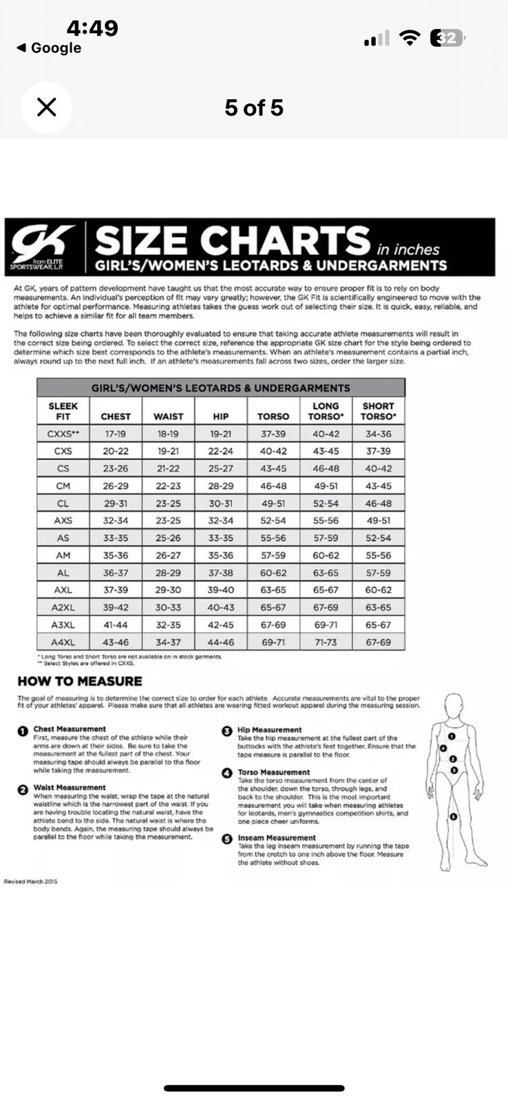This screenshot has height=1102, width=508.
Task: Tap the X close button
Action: [46, 107]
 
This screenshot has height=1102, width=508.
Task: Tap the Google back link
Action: [49, 48]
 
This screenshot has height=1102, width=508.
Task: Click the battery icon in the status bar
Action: [447, 38]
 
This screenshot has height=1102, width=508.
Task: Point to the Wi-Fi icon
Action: [410, 38]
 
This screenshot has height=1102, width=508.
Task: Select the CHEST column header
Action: [116, 416]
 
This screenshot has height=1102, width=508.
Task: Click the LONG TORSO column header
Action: [326, 410]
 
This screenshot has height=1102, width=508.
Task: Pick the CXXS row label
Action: [63, 434]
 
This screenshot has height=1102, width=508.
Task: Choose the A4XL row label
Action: [63, 642]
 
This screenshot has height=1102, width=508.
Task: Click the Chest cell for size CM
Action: [116, 486]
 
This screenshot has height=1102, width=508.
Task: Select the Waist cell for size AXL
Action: [168, 590]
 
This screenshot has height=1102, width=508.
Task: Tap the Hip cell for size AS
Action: [220, 538]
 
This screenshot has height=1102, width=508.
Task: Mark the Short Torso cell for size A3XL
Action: [378, 625]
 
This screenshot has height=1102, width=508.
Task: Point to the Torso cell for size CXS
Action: [273, 451]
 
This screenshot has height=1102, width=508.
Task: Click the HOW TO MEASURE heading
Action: [80, 681]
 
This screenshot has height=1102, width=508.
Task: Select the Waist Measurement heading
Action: [70, 787]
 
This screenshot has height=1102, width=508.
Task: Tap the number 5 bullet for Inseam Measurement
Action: [226, 839]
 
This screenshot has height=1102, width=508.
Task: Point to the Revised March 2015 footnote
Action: [31, 882]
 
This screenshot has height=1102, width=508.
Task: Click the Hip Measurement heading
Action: [270, 729]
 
